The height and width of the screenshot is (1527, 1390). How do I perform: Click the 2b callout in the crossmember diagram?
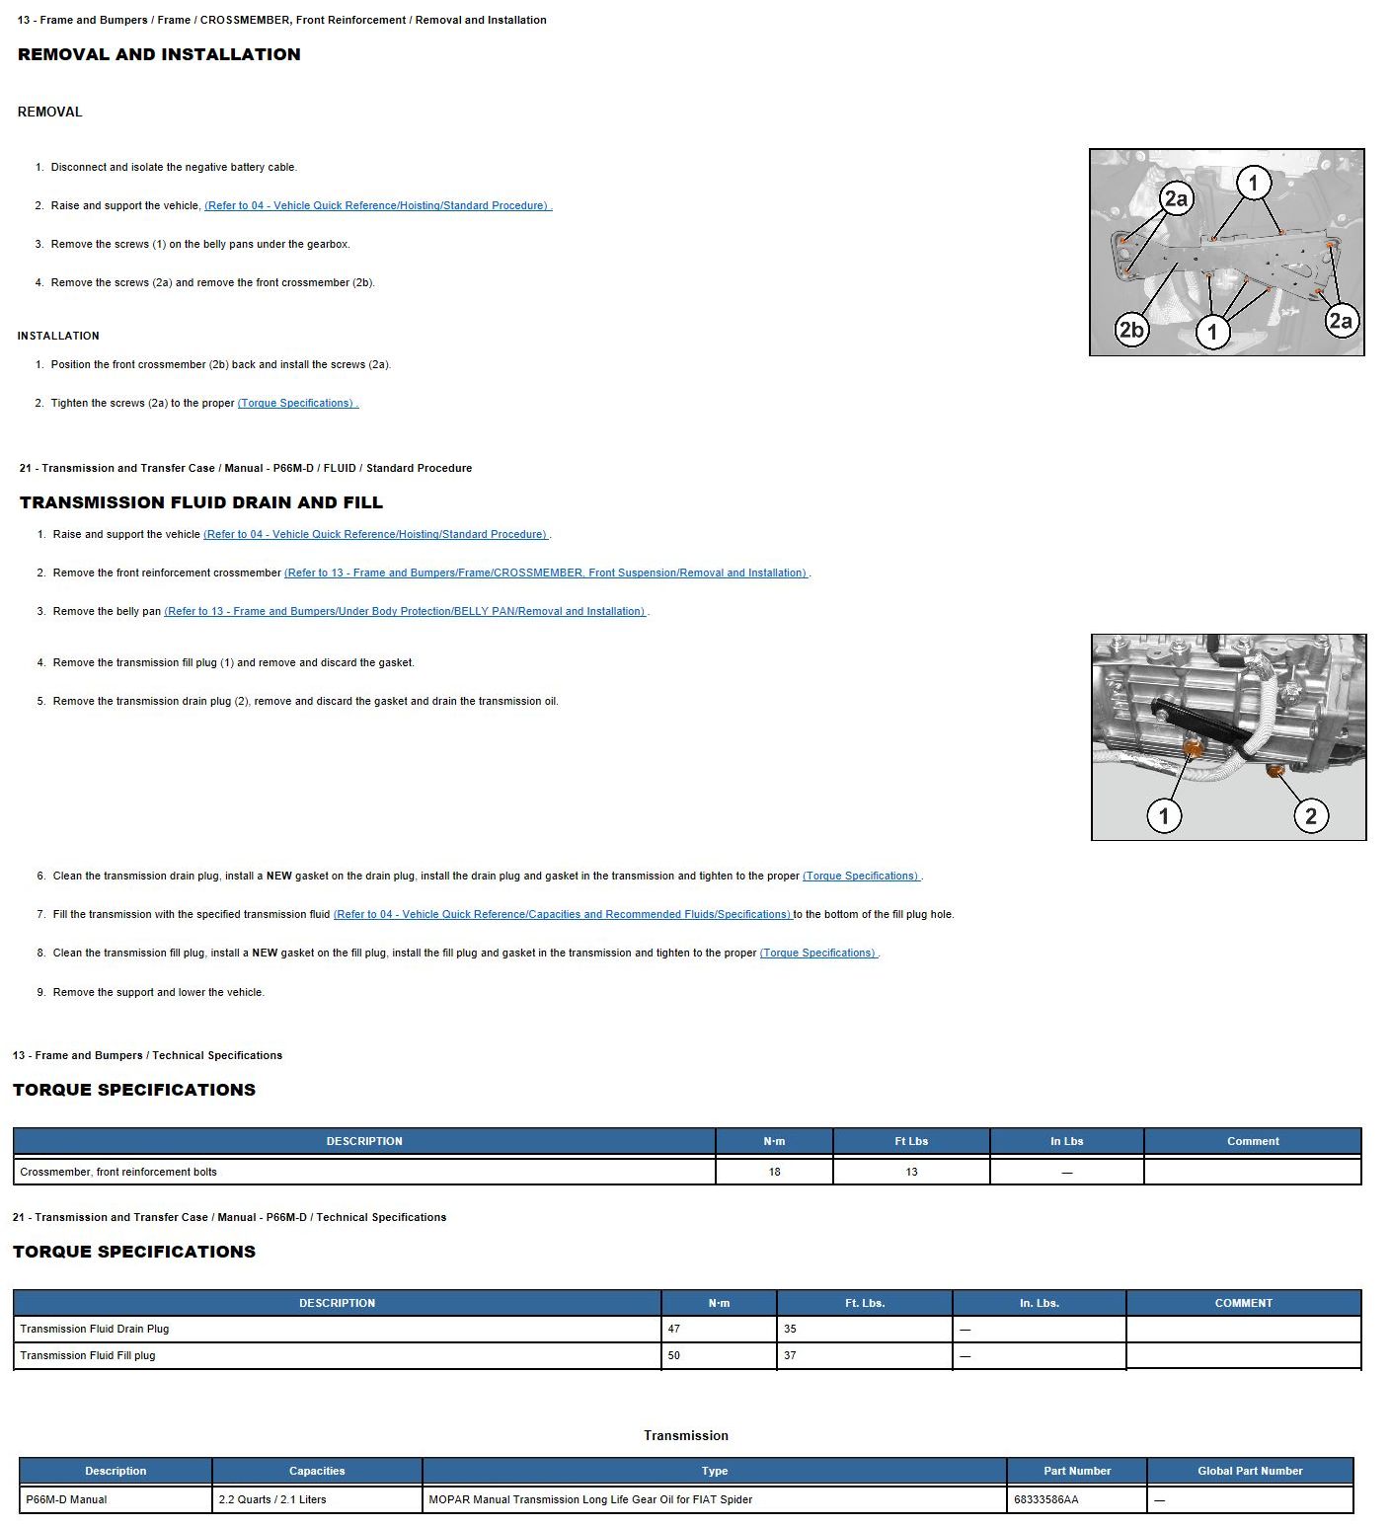[1131, 329]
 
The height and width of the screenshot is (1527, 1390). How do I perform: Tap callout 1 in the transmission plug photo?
[1164, 815]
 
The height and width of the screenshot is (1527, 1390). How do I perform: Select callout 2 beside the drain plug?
[1310, 815]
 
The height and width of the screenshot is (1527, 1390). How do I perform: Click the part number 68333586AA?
[1045, 1499]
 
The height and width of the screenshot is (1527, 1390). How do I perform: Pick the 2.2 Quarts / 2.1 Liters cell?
[272, 1499]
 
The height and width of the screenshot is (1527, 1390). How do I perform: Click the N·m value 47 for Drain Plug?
[674, 1329]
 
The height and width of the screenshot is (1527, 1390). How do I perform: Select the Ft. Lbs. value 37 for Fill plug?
[790, 1355]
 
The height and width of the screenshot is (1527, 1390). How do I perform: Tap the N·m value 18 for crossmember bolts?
[774, 1172]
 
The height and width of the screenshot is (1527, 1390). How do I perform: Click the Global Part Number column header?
[1250, 1471]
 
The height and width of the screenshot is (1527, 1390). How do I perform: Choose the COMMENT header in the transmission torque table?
[1243, 1303]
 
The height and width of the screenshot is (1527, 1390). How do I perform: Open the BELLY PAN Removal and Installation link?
[405, 611]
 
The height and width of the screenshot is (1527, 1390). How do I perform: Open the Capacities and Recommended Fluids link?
[562, 914]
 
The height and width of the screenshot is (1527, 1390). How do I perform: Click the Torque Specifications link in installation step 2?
[297, 403]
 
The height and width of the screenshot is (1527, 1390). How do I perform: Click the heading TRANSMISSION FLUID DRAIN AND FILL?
[201, 502]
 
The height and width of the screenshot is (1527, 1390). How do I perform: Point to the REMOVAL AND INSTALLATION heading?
[159, 54]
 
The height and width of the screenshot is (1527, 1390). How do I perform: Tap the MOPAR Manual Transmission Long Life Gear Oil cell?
[590, 1499]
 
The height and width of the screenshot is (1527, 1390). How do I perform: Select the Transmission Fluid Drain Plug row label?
[95, 1329]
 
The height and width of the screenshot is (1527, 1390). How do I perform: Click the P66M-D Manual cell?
[67, 1499]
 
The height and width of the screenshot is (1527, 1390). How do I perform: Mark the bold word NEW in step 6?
[279, 876]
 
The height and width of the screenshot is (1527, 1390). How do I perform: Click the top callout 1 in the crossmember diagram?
[1254, 183]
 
